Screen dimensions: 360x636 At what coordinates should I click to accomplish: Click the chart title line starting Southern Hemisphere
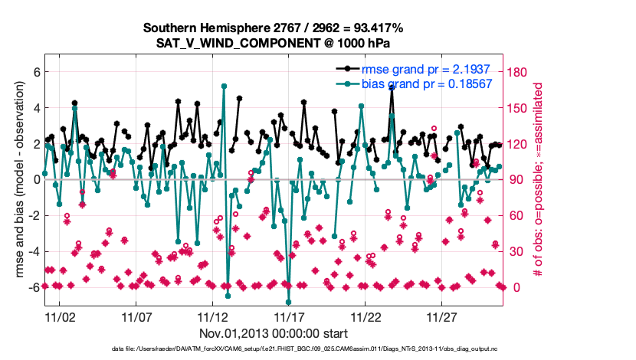coord(273,28)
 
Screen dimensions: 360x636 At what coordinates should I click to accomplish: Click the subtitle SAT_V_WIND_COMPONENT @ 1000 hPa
coord(274,42)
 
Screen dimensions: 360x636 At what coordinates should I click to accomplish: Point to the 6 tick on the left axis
coord(34,72)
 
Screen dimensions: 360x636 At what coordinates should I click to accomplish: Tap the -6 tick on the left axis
coord(32,287)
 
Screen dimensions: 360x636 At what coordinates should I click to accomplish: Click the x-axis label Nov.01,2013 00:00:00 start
coord(274,333)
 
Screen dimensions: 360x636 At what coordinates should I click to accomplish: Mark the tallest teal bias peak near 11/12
coord(224,86)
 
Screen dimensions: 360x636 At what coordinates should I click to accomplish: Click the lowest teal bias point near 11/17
coord(289,302)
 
